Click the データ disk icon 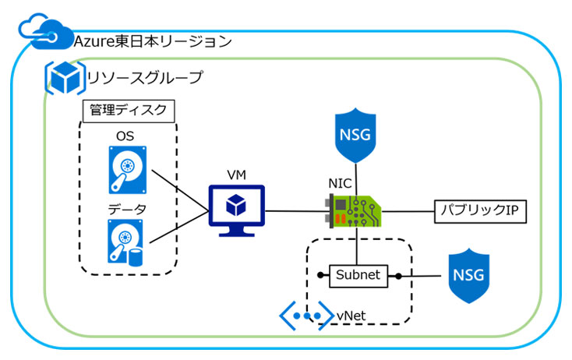pyautogui.click(x=125, y=242)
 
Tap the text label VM pyautogui.click(x=236, y=175)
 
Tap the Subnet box pyautogui.click(x=358, y=275)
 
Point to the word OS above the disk pyautogui.click(x=125, y=136)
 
